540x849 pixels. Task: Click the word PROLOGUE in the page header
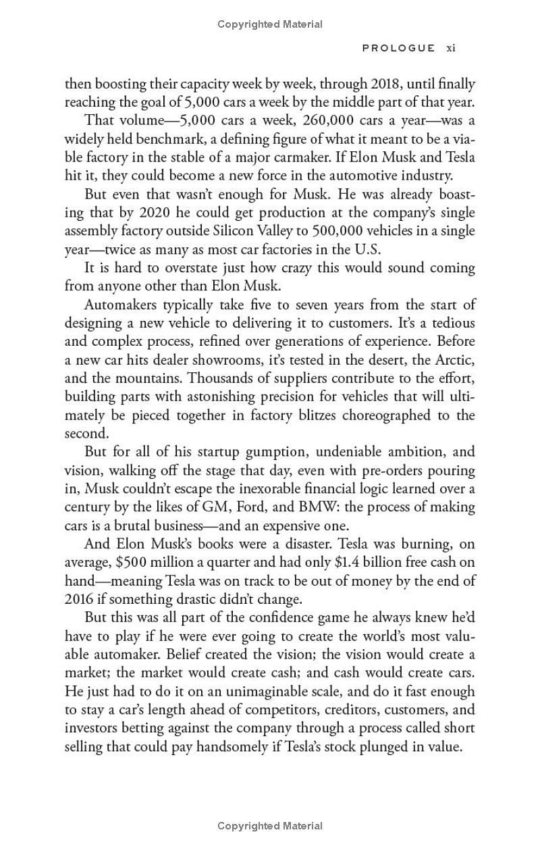[398, 48]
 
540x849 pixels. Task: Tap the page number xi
[452, 48]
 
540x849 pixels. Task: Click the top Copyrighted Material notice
[270, 24]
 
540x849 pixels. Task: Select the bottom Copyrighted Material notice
[270, 825]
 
